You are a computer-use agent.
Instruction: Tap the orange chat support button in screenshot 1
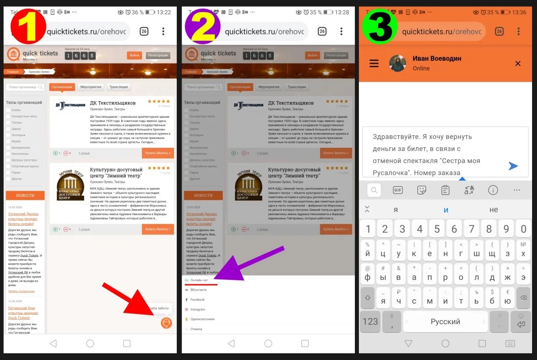pyautogui.click(x=166, y=323)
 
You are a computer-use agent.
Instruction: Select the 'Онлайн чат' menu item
pyautogui.click(x=199, y=280)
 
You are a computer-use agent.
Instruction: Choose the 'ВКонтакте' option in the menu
pyautogui.click(x=198, y=290)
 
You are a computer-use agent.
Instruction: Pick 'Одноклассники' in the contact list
pyautogui.click(x=202, y=319)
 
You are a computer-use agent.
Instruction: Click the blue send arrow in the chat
pyautogui.click(x=513, y=166)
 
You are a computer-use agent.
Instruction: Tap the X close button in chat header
pyautogui.click(x=518, y=64)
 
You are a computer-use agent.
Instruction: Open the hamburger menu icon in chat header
pyautogui.click(x=374, y=64)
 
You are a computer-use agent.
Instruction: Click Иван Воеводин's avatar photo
pyautogui.click(x=397, y=64)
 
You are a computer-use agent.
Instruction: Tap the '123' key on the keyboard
pyautogui.click(x=370, y=321)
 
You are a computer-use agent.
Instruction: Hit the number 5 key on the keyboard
pyautogui.click(x=437, y=229)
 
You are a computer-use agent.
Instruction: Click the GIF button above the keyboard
pyautogui.click(x=397, y=190)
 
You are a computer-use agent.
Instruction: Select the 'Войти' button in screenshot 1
pyautogui.click(x=134, y=56)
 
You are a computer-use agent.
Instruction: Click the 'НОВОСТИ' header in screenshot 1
pyautogui.click(x=25, y=195)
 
